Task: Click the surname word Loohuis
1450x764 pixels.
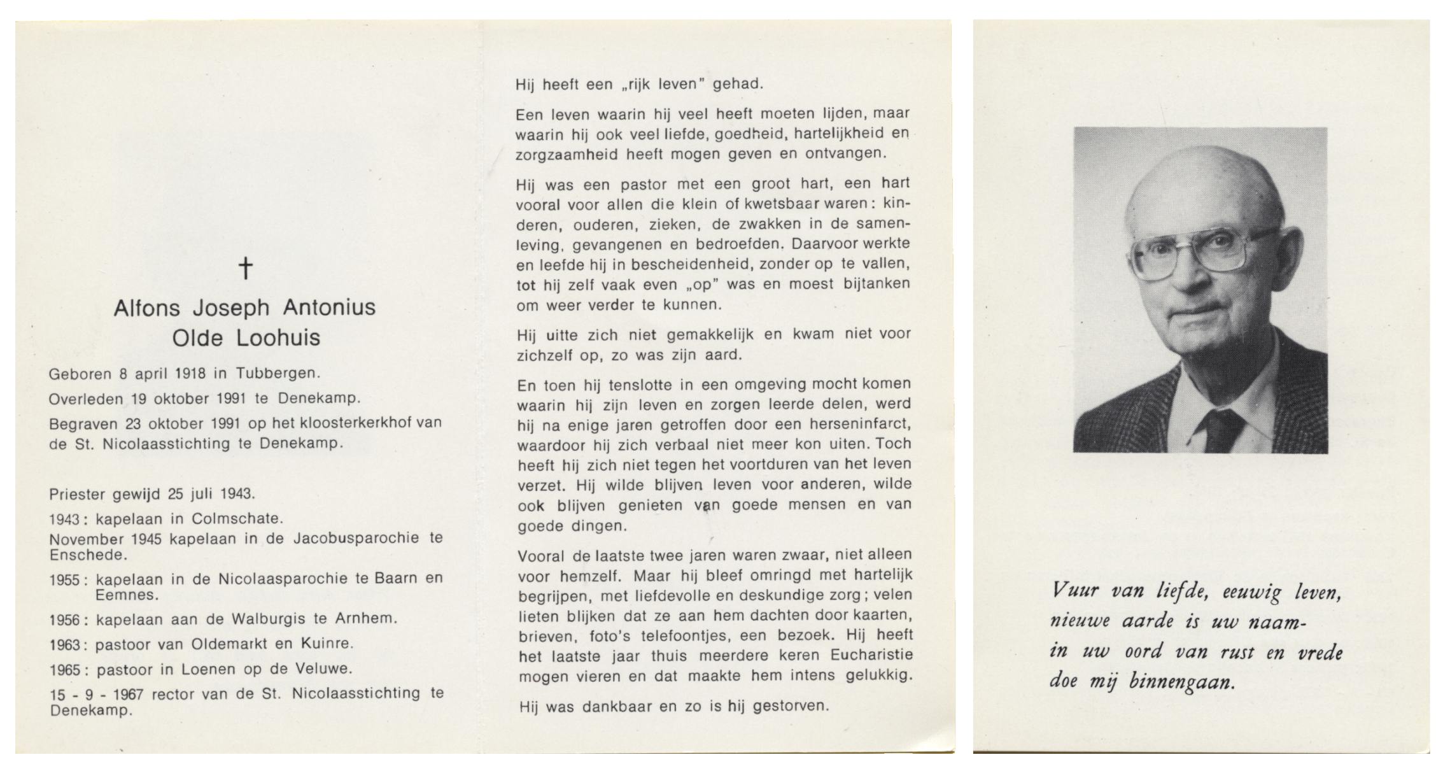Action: [278, 338]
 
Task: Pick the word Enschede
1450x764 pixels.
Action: [88, 555]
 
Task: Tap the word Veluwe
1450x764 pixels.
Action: [322, 668]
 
